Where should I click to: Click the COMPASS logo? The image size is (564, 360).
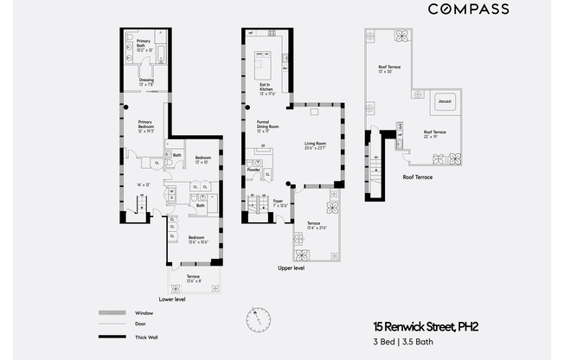click(x=469, y=9)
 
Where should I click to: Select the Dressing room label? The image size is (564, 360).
click(x=146, y=82)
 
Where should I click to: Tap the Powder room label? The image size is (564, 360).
click(x=253, y=170)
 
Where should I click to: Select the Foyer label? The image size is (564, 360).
click(x=279, y=202)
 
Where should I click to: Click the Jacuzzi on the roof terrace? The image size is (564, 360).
click(x=445, y=101)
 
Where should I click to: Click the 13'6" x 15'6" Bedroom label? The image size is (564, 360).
click(x=196, y=239)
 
